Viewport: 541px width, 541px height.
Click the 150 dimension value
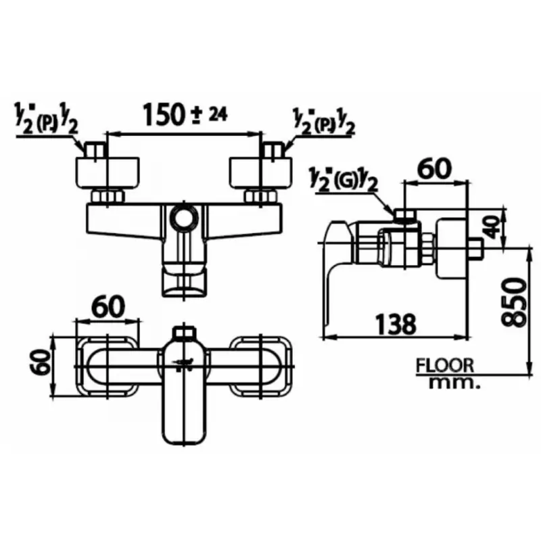[x=162, y=115]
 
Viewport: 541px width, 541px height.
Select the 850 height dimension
[x=514, y=302]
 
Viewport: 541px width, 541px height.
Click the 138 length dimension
[x=396, y=325]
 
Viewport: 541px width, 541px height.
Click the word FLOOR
[x=445, y=365]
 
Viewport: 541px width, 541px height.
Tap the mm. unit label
[x=454, y=383]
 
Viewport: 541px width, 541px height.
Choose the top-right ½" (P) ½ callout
[x=323, y=122]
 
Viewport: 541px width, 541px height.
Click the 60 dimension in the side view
[x=434, y=170]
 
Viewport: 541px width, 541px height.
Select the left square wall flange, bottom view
[x=108, y=366]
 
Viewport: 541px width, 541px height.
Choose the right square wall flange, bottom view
[x=261, y=366]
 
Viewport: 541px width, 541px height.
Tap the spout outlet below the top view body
[x=184, y=279]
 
